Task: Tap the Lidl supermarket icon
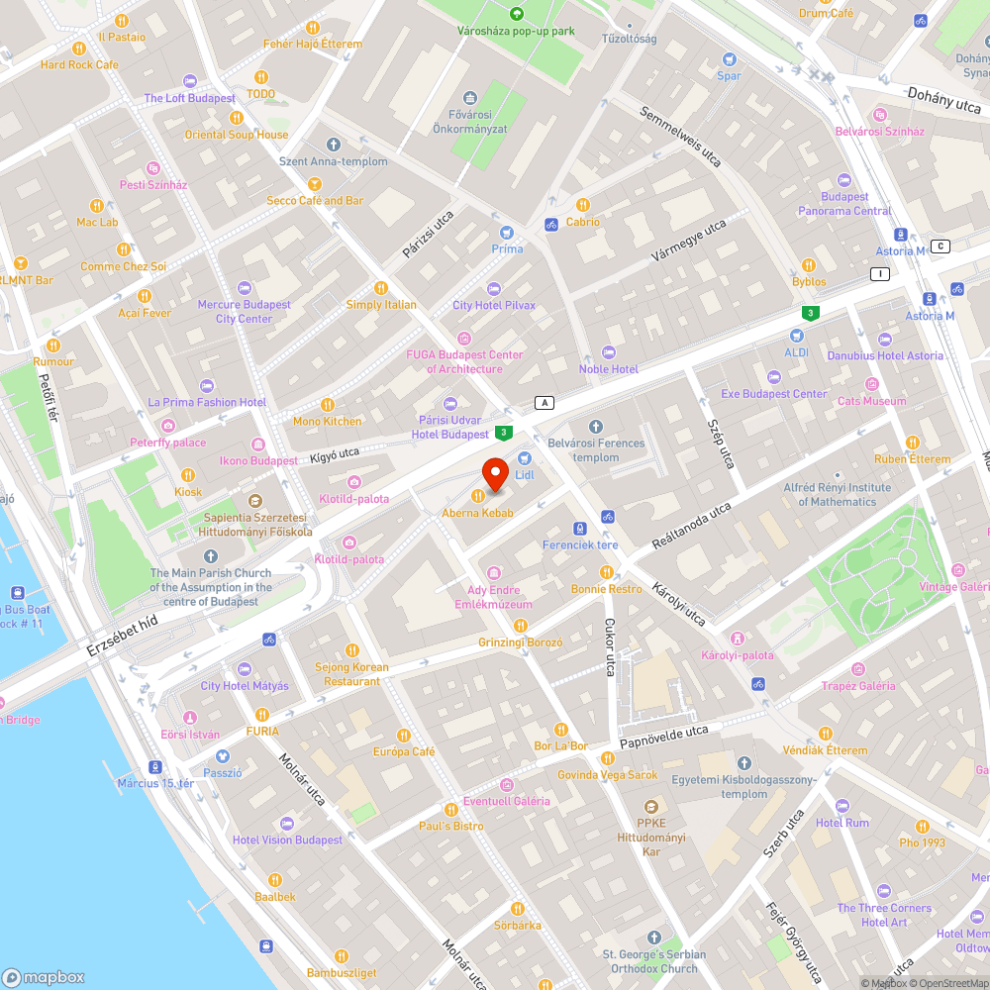click(525, 458)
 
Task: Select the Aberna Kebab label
click(477, 513)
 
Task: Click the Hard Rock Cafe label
click(79, 65)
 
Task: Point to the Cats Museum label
click(871, 401)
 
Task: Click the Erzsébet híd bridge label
click(122, 635)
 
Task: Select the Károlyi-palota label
click(737, 655)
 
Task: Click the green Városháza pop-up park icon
click(516, 14)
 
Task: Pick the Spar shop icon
click(729, 59)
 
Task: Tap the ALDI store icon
click(796, 336)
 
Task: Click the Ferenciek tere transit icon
click(580, 529)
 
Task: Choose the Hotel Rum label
click(842, 823)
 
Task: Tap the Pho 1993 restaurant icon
click(922, 826)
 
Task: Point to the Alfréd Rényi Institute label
click(837, 494)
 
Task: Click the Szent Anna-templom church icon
click(334, 145)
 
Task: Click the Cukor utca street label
click(609, 647)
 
